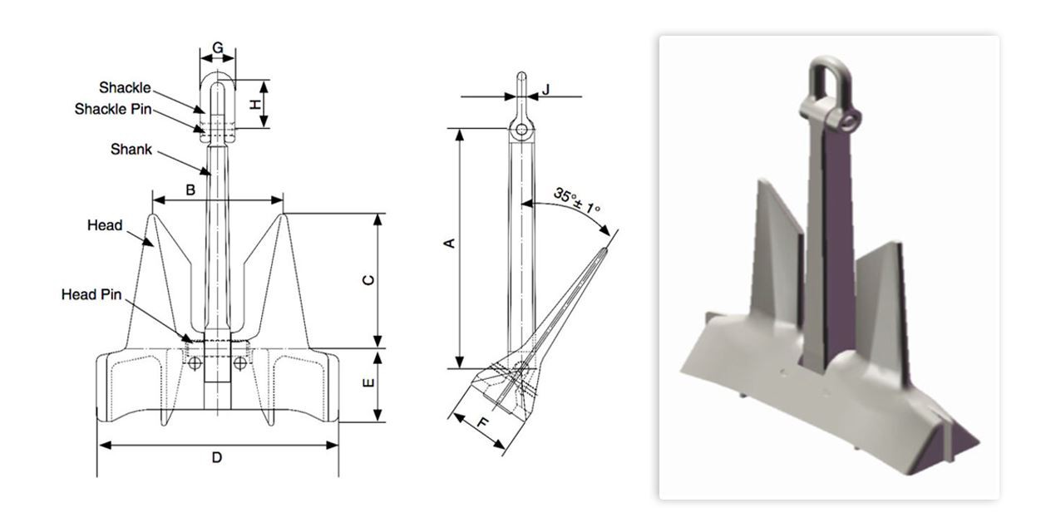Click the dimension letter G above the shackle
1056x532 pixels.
pos(218,48)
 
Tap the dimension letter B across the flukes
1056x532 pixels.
pos(190,190)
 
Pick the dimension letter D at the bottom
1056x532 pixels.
pos(217,457)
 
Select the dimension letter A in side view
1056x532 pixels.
pos(448,243)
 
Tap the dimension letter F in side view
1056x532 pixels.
pos(482,423)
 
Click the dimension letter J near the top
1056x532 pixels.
pos(546,88)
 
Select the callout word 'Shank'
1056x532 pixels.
pos(131,150)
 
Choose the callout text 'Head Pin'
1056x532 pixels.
pos(91,294)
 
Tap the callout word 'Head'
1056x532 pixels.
pos(105,225)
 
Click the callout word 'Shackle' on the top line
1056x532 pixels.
pos(125,87)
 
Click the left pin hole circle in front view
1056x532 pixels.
pos(194,363)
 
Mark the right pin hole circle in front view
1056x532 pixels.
pos(240,363)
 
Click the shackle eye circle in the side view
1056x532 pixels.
pos(521,130)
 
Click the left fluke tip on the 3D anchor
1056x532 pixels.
pos(762,183)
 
